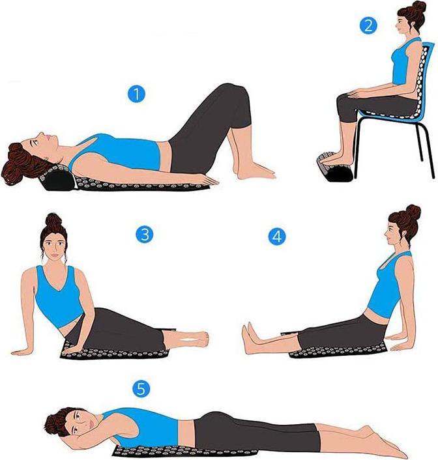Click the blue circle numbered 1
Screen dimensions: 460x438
coord(136,94)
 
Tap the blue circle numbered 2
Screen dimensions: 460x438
coord(369,26)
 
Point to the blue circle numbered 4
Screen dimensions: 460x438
coord(277,237)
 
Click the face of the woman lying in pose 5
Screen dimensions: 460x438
coord(76,423)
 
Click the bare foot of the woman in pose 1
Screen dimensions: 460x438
coord(254,171)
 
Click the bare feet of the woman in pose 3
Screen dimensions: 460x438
coord(194,338)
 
